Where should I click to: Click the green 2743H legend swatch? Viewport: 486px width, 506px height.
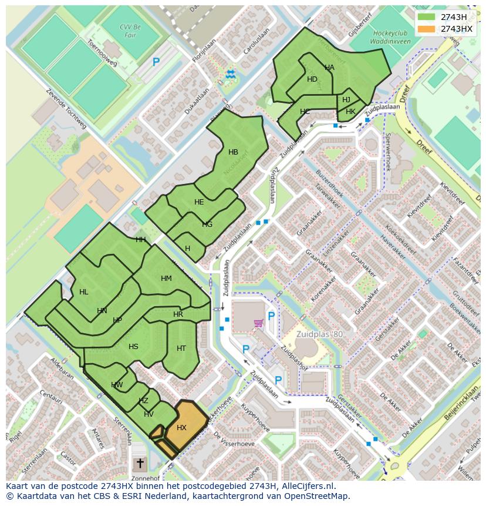tap(427, 17)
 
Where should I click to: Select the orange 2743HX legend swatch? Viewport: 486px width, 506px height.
tap(427, 29)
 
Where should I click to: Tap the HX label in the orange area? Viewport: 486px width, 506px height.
tap(181, 428)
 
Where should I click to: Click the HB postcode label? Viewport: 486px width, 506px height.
tap(233, 152)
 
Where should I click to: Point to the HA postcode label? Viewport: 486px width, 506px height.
tap(329, 68)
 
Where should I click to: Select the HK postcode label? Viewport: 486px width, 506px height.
tap(350, 112)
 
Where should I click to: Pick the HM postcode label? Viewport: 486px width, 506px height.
tap(166, 279)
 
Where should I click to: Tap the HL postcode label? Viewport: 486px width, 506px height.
tap(83, 292)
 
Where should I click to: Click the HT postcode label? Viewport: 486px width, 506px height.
tap(181, 348)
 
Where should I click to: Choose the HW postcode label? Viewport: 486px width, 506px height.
tap(117, 386)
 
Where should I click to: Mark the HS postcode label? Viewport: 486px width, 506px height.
tap(133, 347)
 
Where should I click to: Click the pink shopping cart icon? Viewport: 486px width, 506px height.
tap(258, 323)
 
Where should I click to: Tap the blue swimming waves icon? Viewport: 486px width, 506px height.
tap(230, 73)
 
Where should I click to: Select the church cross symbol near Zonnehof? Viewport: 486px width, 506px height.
tap(140, 464)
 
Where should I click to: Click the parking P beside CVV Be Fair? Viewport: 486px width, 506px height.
tap(156, 62)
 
